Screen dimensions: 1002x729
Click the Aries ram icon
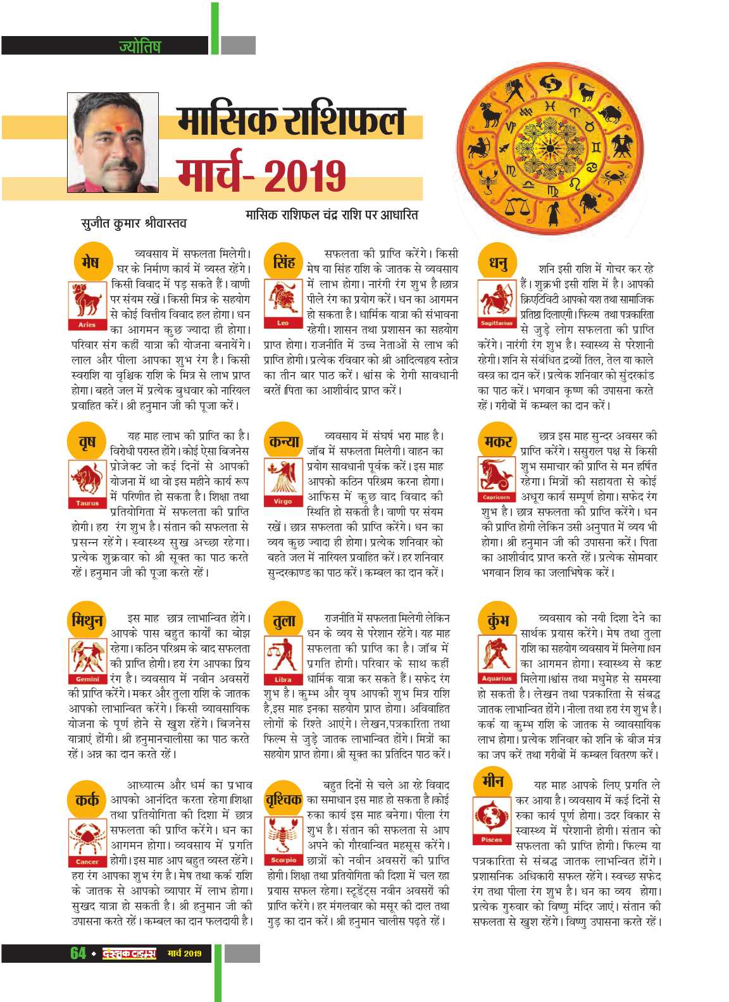[x=87, y=302]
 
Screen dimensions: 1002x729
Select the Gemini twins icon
[x=87, y=657]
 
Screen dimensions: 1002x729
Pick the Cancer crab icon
[x=87, y=838]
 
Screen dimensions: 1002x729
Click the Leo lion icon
[x=282, y=301]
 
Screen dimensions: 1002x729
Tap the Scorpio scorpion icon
[x=283, y=836]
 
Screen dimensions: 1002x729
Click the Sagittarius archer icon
[x=497, y=301]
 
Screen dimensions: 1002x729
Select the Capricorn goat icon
[x=497, y=475]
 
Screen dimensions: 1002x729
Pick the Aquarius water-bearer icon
[x=497, y=656]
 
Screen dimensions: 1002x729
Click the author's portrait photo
[x=113, y=142]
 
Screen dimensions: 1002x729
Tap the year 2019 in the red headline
[x=305, y=175]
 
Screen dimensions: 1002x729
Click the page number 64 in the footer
[x=78, y=953]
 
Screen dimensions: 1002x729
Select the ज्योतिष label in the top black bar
[x=139, y=46]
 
